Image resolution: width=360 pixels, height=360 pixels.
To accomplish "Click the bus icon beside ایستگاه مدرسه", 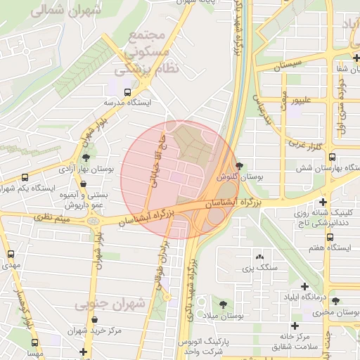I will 127,91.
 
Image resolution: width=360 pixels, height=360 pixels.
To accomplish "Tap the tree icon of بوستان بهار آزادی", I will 86,157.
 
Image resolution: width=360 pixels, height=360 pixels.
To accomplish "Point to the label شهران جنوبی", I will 109,304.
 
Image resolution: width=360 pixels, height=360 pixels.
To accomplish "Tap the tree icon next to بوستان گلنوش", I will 241,165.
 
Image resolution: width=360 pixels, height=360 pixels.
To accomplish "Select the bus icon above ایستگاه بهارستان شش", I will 332,157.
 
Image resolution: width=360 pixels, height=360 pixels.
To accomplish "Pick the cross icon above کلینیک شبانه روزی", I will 323,201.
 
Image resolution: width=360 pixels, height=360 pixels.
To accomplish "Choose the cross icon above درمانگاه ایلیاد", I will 304,286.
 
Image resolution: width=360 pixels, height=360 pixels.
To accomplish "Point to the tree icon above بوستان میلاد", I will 223,304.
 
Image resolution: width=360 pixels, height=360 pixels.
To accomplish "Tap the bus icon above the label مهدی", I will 11,255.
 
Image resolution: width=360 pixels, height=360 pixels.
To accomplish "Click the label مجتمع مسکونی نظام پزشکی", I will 147,52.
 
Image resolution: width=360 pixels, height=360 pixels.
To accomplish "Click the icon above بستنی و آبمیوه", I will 84,184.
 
